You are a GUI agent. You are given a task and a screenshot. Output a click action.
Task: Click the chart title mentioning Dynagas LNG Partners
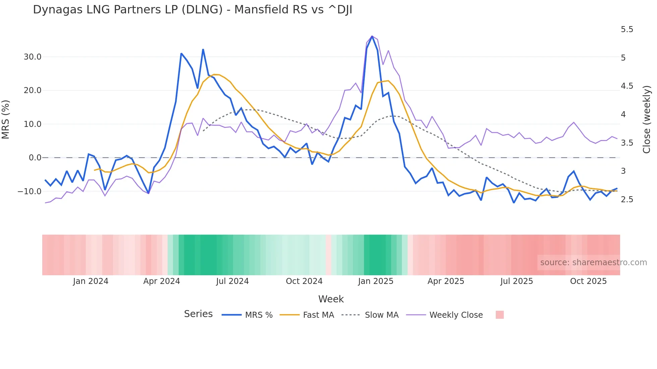(192, 10)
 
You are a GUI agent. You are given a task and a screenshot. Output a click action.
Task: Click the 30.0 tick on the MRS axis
(33, 57)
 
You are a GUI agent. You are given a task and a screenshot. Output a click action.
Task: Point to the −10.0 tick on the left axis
(29, 192)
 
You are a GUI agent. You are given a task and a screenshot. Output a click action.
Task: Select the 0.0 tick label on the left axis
(35, 158)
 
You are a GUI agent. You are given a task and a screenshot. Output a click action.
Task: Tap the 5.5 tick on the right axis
(627, 30)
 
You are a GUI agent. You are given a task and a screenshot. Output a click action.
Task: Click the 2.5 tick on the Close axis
(627, 200)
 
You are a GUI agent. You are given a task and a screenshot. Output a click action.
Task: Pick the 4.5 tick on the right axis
(627, 86)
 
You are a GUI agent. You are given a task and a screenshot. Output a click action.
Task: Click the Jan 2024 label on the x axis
(91, 281)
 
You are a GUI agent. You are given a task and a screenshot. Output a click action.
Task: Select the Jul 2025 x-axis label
(517, 281)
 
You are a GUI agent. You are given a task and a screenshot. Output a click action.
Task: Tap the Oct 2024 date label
(304, 281)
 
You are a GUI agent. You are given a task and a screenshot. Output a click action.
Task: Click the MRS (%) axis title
(6, 119)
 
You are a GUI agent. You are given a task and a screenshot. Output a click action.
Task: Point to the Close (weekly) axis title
(647, 119)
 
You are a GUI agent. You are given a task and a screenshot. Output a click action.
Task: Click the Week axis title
(331, 299)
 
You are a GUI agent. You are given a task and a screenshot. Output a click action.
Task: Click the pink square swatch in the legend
(499, 315)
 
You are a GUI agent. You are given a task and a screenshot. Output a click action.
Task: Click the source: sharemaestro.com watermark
(593, 263)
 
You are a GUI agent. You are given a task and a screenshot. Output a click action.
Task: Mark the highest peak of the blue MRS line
(372, 36)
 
